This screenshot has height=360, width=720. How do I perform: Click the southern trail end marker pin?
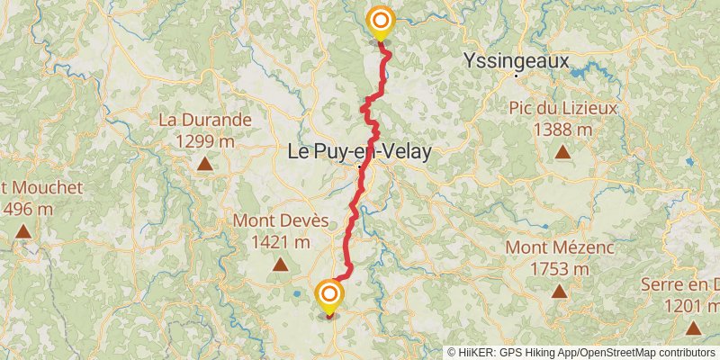click(x=329, y=294)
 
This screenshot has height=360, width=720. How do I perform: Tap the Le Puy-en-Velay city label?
click(x=358, y=152)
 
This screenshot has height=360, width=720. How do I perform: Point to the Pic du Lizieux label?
click(x=562, y=109)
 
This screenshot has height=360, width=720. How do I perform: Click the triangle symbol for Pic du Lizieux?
click(x=562, y=151)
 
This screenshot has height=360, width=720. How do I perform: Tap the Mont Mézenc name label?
click(x=559, y=247)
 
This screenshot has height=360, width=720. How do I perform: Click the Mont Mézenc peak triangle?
click(x=559, y=291)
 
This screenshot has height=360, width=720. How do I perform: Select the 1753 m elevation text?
click(x=559, y=268)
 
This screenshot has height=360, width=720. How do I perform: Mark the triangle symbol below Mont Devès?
click(x=280, y=265)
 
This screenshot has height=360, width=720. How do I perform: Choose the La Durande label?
click(x=205, y=120)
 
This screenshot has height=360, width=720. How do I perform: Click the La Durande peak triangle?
click(x=205, y=164)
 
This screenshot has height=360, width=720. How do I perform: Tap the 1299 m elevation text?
click(x=205, y=140)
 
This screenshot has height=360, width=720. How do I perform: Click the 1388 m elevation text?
click(x=562, y=130)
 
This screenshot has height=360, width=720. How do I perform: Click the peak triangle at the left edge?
click(x=22, y=231)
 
